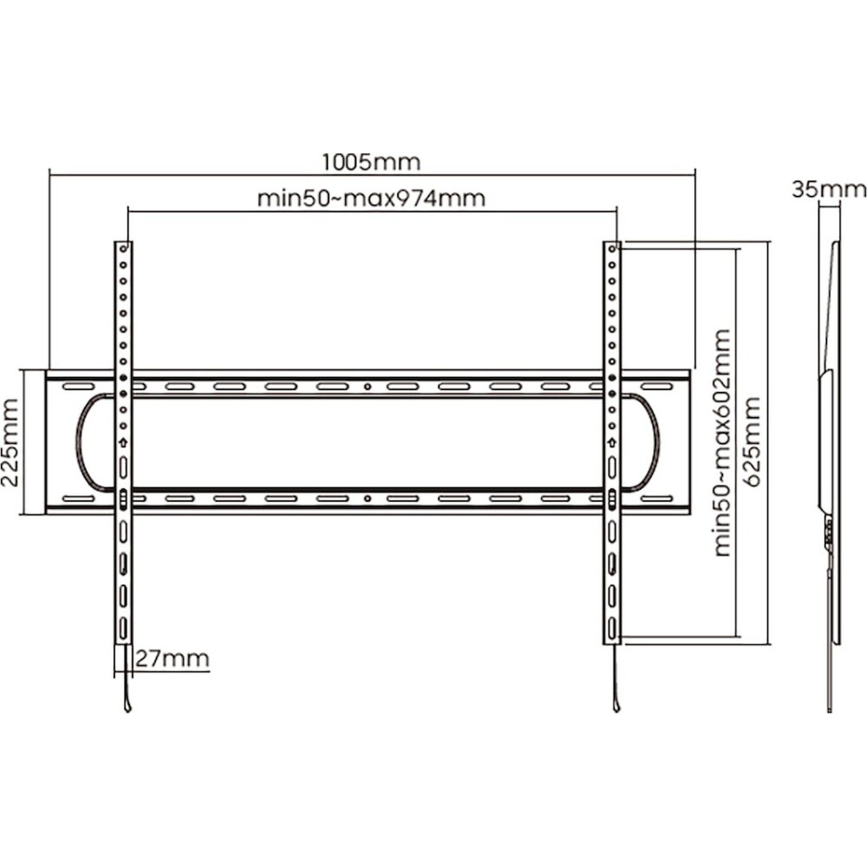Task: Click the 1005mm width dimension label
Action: [x=371, y=162]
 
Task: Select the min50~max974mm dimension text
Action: [x=372, y=198]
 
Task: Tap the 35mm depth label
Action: [x=828, y=190]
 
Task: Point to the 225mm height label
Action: [x=10, y=442]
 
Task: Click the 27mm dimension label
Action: [x=173, y=659]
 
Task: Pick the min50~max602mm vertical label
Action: [x=722, y=442]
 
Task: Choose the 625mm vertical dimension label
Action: [x=753, y=442]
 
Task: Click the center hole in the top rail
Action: [x=368, y=387]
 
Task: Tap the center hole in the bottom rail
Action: [x=368, y=499]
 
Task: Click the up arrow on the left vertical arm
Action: [x=123, y=442]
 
